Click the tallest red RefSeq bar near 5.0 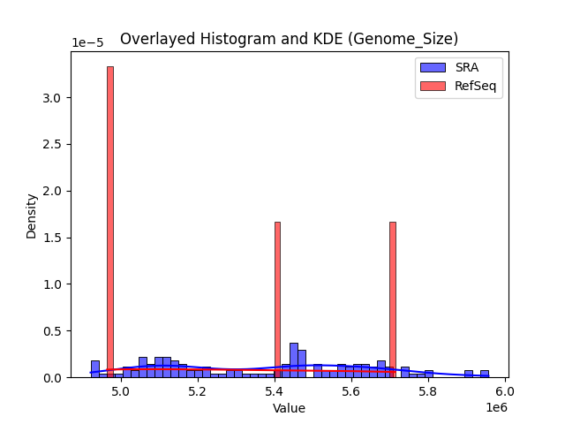[110, 221]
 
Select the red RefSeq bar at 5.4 [277, 300]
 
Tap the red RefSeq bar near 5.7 [393, 300]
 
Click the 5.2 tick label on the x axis [198, 391]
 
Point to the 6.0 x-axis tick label [505, 391]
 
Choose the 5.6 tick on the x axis [351, 391]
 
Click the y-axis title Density [32, 216]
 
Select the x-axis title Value [289, 409]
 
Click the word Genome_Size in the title [411, 39]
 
